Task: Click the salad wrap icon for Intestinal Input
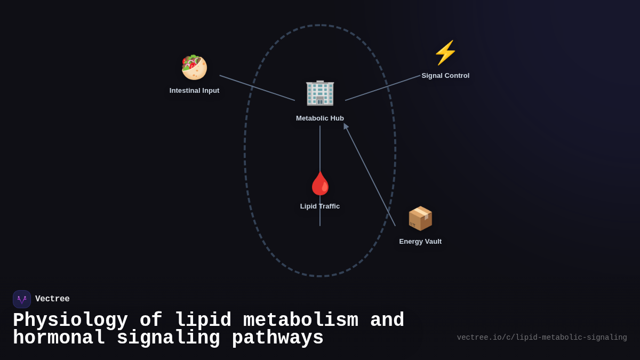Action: pos(194,67)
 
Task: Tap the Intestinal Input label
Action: pos(194,91)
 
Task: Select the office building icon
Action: pos(320,93)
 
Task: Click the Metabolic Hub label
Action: pos(320,118)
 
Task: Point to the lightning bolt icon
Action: pos(445,53)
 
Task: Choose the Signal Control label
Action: pos(445,76)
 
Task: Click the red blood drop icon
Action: pos(320,183)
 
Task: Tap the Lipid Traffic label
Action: pos(320,206)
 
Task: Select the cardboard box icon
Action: pos(420,218)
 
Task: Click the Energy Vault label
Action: pos(420,242)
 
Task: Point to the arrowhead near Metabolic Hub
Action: pos(346,126)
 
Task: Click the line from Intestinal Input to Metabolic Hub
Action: pos(257,88)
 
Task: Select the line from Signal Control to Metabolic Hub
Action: pos(382,88)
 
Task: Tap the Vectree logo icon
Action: pos(22,299)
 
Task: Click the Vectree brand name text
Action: pos(52,299)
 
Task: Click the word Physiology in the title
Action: pos(70,321)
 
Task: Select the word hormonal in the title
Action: pos(58,338)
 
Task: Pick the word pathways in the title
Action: pos(277,338)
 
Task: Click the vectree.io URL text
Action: pos(542,338)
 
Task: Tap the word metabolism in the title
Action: pos(300,321)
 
